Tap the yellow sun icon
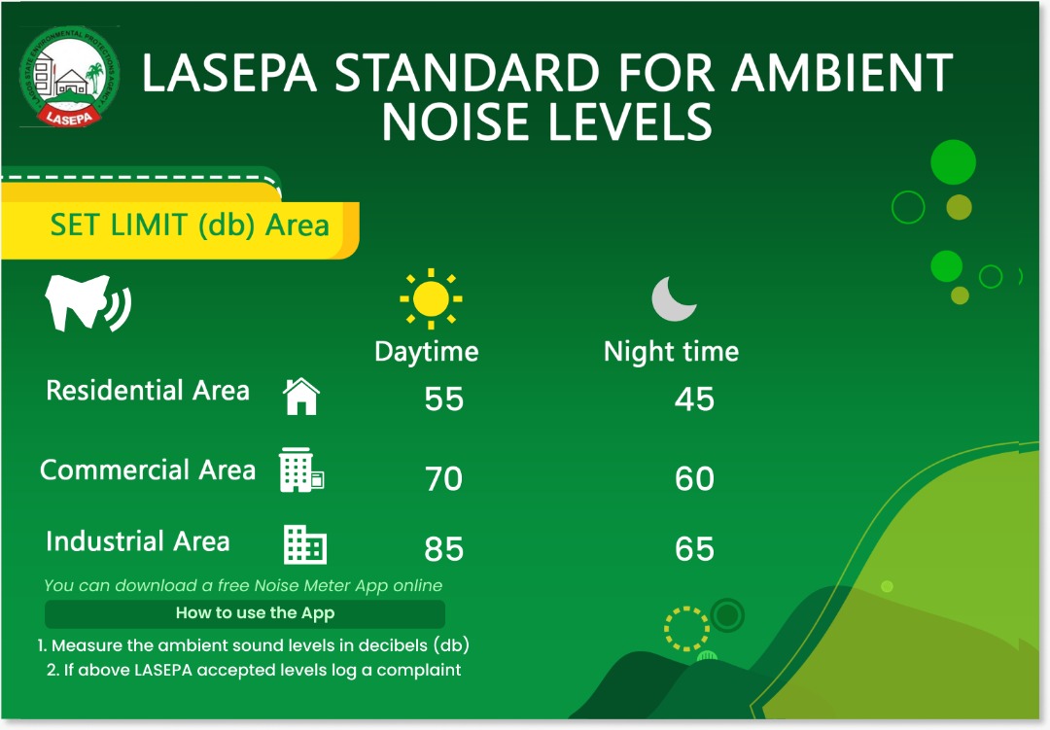tap(431, 298)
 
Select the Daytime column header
tap(426, 351)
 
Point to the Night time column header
tap(671, 351)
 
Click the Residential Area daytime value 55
tap(444, 400)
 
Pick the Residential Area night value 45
tap(694, 400)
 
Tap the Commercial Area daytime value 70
tap(444, 478)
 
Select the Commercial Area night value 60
tap(694, 478)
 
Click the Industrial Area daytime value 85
tap(444, 549)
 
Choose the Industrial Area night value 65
tap(694, 549)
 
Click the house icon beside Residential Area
tap(301, 396)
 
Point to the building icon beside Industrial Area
tap(304, 544)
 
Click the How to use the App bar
tap(245, 613)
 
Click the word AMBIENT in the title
tap(842, 74)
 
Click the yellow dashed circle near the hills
tap(686, 627)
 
